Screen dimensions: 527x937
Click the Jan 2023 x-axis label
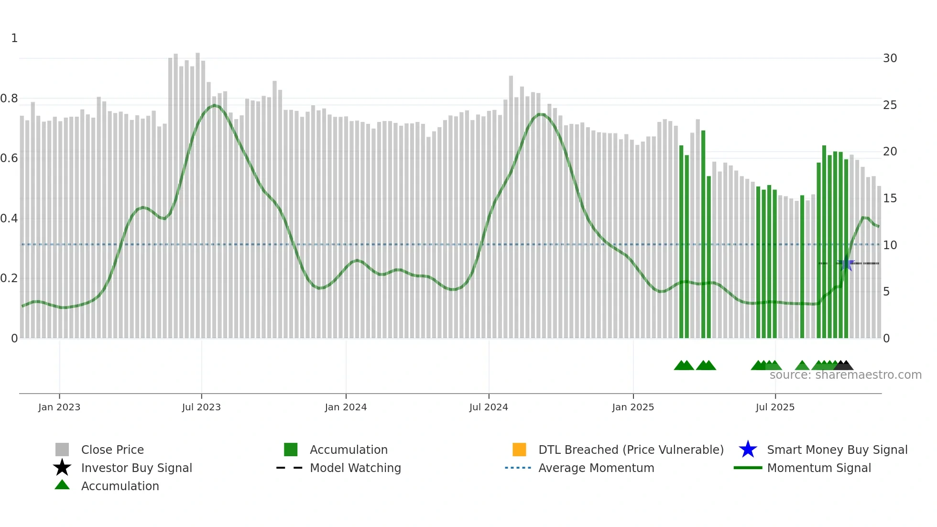pos(59,407)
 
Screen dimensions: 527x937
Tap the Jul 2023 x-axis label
pos(201,407)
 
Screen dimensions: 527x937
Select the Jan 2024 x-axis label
pos(346,407)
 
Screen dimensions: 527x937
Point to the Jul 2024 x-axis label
pos(489,407)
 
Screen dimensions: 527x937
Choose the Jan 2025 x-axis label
pos(633,407)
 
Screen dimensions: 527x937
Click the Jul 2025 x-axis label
pos(775,407)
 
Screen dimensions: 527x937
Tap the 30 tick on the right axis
pos(890,58)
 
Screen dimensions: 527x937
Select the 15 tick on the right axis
pos(890,198)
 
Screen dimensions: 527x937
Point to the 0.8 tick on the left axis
pos(10,99)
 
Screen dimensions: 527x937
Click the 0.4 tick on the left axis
pos(10,219)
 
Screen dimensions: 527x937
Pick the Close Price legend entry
pos(112,450)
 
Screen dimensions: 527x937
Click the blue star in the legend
pos(748,450)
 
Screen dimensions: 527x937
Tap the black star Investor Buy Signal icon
pos(62,468)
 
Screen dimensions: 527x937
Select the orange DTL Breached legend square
pos(519,450)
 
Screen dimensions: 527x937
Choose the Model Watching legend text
pos(355,468)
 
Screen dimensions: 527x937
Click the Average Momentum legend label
pos(596,468)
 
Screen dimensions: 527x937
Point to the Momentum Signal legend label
pos(819,468)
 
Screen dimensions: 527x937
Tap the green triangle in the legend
pos(62,485)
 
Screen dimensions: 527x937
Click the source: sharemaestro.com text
pos(845,375)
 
